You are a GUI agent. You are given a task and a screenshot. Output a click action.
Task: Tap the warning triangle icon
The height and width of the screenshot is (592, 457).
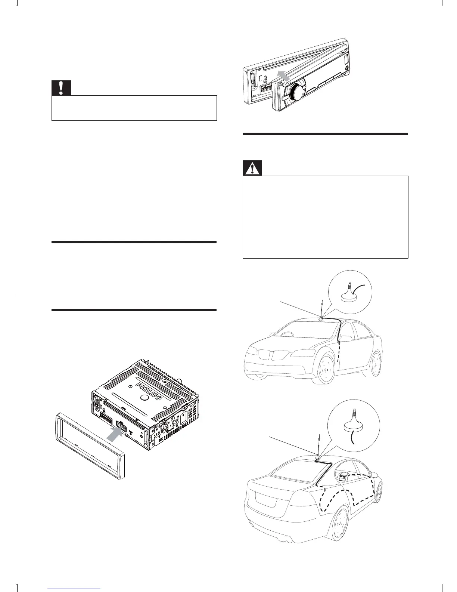252,169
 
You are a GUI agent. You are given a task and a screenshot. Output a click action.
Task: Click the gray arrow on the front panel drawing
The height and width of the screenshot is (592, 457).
284,76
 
